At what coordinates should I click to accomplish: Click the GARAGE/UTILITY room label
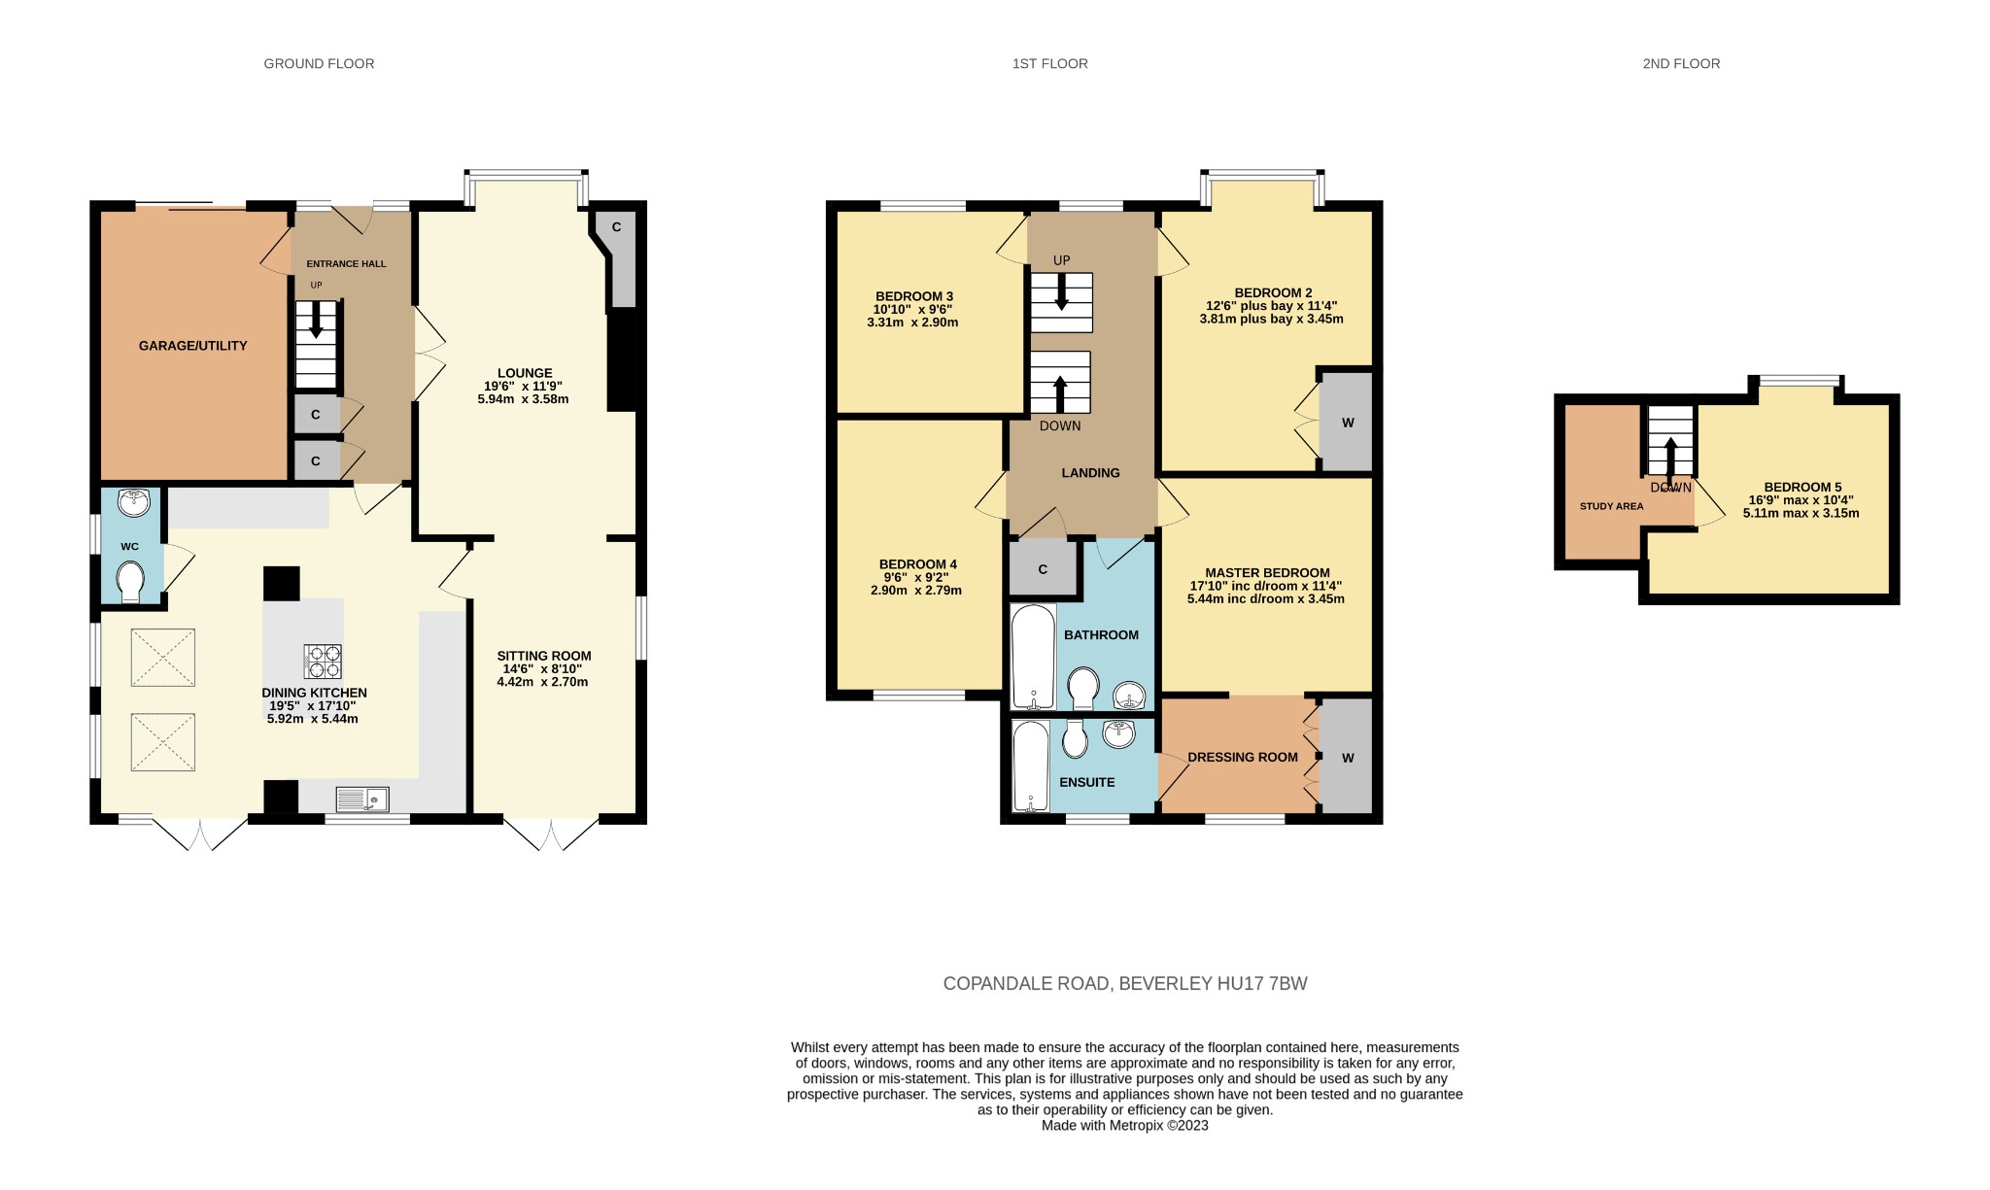pos(192,346)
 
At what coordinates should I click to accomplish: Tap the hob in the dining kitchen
pos(323,661)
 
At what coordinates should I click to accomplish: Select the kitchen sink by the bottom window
pos(361,799)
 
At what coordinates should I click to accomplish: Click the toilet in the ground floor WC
pos(130,583)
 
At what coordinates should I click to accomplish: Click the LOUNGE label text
pos(525,373)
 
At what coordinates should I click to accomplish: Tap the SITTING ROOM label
pos(543,656)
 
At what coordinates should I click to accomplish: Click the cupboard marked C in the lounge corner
pos(617,227)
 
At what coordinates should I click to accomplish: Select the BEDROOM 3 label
pos(913,296)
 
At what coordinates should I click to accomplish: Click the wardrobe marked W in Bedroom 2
pos(1348,423)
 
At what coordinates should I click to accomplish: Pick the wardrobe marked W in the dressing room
pos(1347,758)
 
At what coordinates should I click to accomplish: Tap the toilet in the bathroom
pos(1083,687)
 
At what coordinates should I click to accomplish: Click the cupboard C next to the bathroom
pos(1043,569)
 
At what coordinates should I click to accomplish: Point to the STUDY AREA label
pos(1611,506)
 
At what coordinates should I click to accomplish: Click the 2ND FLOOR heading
pos(1681,64)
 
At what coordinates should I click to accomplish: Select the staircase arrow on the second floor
pos(1671,457)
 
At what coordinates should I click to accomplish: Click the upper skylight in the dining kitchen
pos(163,658)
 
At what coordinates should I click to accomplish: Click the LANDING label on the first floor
pos(1090,473)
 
